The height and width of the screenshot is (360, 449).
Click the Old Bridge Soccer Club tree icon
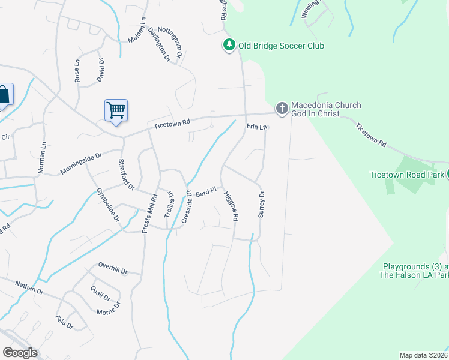[x=229, y=46]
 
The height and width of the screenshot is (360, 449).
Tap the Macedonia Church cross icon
[x=281, y=109]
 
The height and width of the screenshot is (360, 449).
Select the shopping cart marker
[x=116, y=110]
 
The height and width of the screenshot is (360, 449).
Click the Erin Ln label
[x=256, y=127]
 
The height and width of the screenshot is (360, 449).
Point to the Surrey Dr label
[x=261, y=204]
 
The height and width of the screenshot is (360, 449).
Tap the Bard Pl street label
[x=205, y=193]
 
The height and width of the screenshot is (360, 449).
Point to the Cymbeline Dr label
[x=108, y=205]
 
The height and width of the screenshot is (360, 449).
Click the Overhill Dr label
[x=113, y=268]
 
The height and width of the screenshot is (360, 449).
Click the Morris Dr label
[x=109, y=308]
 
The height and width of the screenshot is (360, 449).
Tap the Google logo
[x=20, y=352]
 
